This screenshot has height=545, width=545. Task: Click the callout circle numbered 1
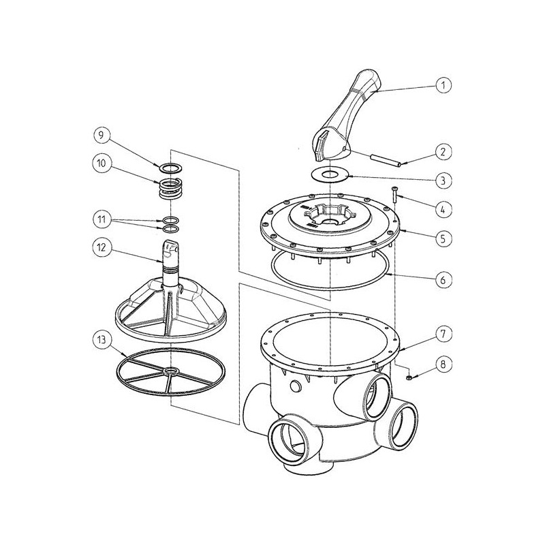pos(443,85)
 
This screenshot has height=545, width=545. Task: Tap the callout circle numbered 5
pos(443,238)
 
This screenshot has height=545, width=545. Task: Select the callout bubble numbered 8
pos(443,364)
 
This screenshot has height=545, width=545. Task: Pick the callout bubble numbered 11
pos(101,219)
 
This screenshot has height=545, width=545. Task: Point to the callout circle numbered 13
pos(101,339)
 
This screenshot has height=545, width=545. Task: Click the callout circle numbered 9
pos(101,134)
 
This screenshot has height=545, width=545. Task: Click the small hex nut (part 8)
pos(409,377)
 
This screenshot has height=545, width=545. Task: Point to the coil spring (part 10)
pos(171,190)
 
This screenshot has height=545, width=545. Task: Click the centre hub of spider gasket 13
pos(171,371)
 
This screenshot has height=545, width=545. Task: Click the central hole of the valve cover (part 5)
pos(329,223)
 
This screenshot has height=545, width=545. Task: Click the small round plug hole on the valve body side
pos(296,386)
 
